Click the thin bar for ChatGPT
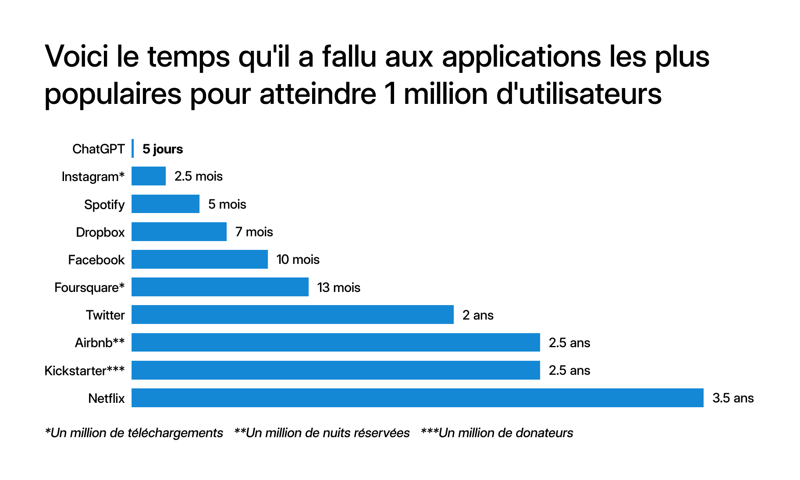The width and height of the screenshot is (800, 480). (x=132, y=149)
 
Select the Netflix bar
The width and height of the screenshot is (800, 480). (x=417, y=398)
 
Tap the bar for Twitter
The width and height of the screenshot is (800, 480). (x=292, y=315)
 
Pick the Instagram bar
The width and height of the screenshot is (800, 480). (x=149, y=176)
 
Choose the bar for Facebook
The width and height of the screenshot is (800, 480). (x=199, y=260)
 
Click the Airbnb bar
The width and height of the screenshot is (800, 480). (x=335, y=342)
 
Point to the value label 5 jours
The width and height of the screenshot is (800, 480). (x=163, y=149)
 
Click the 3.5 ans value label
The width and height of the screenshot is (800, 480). (x=733, y=398)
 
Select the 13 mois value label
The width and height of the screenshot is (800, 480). (x=338, y=288)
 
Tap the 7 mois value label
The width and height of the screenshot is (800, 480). (x=254, y=232)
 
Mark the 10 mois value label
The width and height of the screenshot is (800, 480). (x=298, y=260)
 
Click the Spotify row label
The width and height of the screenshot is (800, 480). (x=104, y=205)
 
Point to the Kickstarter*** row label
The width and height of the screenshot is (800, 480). (x=85, y=371)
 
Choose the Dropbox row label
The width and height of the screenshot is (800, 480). (x=100, y=232)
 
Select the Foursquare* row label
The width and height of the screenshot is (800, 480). (x=89, y=288)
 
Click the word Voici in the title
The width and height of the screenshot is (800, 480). (x=77, y=57)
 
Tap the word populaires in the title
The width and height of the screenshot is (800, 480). (x=113, y=94)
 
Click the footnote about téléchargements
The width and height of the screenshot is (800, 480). (x=134, y=433)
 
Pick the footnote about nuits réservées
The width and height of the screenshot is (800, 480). (x=322, y=433)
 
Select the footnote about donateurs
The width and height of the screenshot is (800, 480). (x=497, y=433)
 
